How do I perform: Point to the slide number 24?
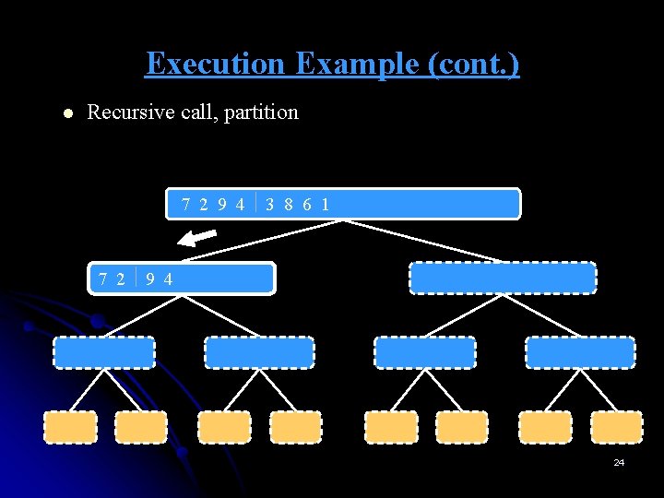pos(619,462)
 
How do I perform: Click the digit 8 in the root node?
pos(289,205)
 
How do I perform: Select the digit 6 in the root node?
pos(307,205)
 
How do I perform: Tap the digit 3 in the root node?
pos(269,205)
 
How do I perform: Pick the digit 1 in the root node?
pos(326,205)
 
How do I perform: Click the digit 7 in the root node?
pos(187,205)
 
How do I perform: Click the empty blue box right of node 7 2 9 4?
pos(503,279)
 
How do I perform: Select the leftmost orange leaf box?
pos(70,427)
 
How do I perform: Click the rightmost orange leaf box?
pos(616,427)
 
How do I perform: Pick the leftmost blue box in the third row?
pos(103,352)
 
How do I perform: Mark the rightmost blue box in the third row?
pos(580,352)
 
